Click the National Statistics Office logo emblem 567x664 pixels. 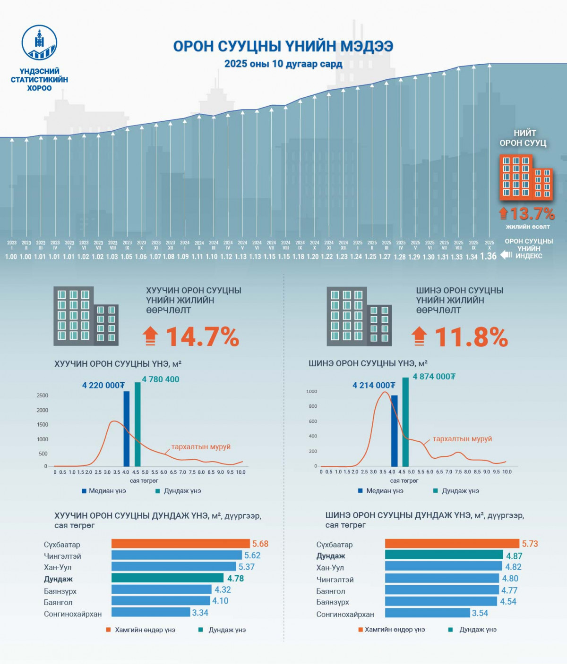click(x=40, y=42)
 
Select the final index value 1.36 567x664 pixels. click(x=489, y=256)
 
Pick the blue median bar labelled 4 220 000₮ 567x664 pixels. click(x=126, y=429)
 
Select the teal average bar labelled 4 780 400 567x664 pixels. click(x=137, y=424)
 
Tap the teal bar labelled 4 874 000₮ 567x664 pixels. click(x=405, y=421)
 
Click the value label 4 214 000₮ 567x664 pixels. click(x=373, y=386)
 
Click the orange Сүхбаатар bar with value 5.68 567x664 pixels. click(x=180, y=544)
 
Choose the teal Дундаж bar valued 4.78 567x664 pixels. click(x=167, y=578)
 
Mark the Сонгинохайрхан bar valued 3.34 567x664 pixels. click(x=151, y=613)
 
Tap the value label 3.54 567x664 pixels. click(x=480, y=613)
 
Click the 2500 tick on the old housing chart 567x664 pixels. click(x=42, y=395)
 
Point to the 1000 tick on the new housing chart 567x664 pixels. click(x=312, y=391)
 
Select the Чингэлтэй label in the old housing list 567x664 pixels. click(x=62, y=556)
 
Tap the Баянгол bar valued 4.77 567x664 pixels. click(x=442, y=590)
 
